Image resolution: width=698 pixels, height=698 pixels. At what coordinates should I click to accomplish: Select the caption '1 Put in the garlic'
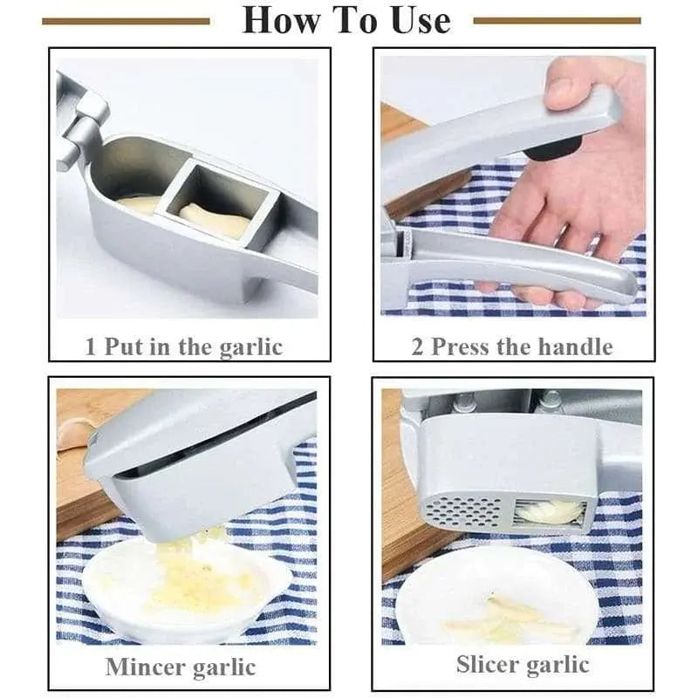[184, 346]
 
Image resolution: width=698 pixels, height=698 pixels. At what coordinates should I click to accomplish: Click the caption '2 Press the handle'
[512, 346]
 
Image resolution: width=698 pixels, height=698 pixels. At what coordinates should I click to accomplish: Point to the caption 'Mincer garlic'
[181, 667]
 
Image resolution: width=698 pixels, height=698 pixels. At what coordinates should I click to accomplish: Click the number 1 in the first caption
[91, 346]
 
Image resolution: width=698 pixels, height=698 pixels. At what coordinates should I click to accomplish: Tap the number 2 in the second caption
[418, 346]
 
